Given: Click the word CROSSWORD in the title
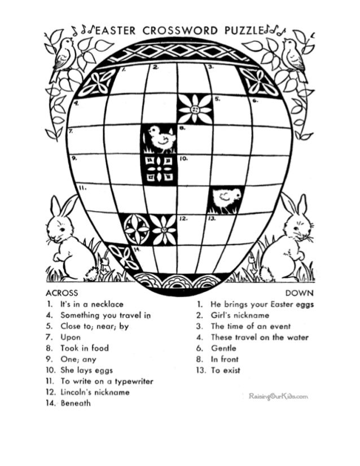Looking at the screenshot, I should pos(173,30).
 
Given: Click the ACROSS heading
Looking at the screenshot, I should pos(62,293).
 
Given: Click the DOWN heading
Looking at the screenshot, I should pos(300,293).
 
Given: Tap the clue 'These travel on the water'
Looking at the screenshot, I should pos(260,337).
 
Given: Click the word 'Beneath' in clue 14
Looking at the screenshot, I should pos(76,403).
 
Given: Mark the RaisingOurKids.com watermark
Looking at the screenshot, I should pos(278,397).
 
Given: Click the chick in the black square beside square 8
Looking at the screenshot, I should pos(159,139).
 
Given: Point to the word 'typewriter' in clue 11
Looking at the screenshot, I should pos(133,381).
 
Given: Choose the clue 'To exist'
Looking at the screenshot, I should pos(226,371).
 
